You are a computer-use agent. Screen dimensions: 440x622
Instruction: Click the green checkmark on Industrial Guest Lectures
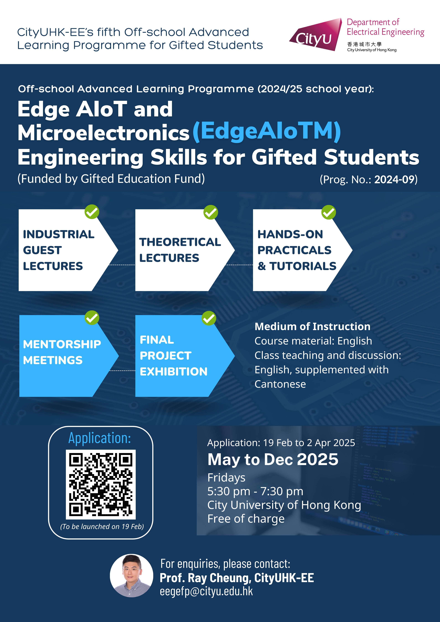(92, 212)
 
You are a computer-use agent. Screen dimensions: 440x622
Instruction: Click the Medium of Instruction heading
(312, 327)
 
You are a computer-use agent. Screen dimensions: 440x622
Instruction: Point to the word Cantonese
(280, 384)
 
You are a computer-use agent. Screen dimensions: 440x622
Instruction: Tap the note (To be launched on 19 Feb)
(102, 526)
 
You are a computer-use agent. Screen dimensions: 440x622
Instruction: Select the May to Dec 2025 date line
(273, 460)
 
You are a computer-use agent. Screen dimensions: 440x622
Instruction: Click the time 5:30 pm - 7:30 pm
(255, 491)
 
